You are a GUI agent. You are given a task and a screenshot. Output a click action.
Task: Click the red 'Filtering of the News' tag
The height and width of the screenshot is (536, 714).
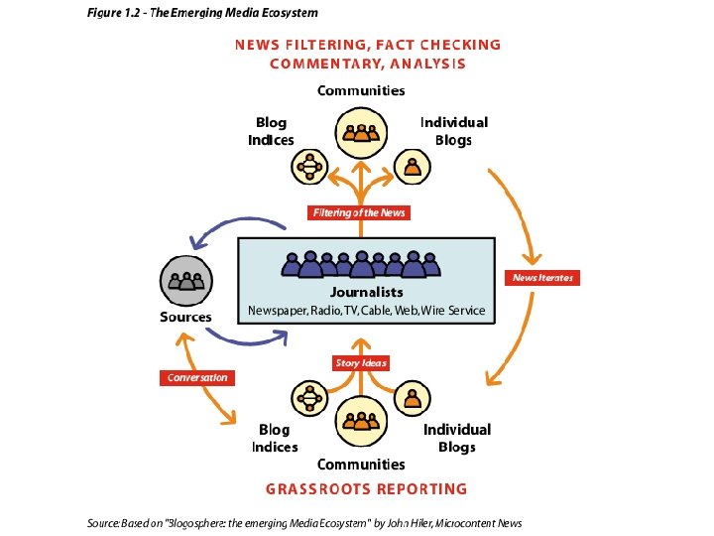click(x=359, y=212)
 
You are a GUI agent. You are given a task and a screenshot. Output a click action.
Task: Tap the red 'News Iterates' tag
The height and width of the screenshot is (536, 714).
click(x=542, y=278)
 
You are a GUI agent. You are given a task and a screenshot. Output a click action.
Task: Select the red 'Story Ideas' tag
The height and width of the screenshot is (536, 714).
click(x=361, y=363)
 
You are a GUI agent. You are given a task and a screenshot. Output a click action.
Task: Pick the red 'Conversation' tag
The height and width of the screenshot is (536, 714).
click(x=197, y=377)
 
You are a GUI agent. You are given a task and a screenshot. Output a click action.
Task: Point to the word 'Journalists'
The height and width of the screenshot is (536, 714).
click(x=366, y=292)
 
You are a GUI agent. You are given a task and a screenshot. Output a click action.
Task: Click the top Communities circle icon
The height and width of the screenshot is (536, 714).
click(x=360, y=134)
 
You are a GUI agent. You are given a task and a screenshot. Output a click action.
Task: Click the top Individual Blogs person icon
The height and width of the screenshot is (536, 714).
click(x=413, y=167)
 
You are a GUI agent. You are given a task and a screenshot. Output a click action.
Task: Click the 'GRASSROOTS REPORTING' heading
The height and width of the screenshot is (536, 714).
click(x=366, y=488)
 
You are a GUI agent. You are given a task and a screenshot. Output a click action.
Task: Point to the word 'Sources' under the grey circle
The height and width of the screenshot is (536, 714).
click(x=185, y=317)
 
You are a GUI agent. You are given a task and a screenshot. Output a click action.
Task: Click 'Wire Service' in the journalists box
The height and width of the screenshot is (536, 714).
click(x=453, y=311)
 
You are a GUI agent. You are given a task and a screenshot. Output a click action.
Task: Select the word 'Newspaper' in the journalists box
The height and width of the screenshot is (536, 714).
click(x=279, y=311)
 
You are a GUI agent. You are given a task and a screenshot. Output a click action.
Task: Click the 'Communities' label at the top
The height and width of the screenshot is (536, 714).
click(x=361, y=90)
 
